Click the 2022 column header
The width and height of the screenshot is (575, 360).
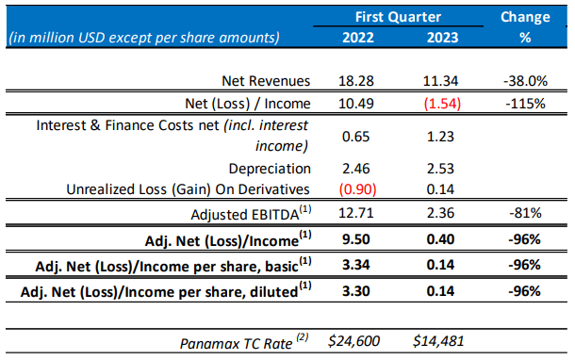[x=358, y=38]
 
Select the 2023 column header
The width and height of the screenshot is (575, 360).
[x=442, y=38]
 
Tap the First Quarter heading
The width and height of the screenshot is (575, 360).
[x=398, y=17]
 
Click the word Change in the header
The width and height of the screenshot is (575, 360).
[x=525, y=17]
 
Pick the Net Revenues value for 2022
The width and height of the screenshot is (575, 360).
[x=356, y=81]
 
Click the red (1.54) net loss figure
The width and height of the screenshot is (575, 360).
[x=442, y=104]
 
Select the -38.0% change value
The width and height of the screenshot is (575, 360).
[x=525, y=81]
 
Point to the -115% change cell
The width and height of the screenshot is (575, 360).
[x=525, y=104]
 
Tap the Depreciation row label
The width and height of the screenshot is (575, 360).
[x=270, y=169]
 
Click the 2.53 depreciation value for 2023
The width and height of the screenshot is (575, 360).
[x=440, y=169]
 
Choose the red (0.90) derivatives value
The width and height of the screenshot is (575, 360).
[x=357, y=189]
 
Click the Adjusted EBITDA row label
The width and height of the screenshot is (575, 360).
[x=251, y=213]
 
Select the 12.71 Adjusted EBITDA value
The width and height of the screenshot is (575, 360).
[x=356, y=213]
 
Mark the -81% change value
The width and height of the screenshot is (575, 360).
[x=525, y=213]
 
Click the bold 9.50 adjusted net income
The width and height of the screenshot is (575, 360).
[x=356, y=239]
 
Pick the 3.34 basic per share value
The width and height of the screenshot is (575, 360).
[x=356, y=265]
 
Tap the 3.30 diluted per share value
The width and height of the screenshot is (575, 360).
[x=356, y=291]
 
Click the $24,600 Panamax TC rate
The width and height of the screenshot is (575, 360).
[x=353, y=341]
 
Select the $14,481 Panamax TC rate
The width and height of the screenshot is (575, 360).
[x=438, y=341]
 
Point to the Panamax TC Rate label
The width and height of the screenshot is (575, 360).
[x=244, y=342]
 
